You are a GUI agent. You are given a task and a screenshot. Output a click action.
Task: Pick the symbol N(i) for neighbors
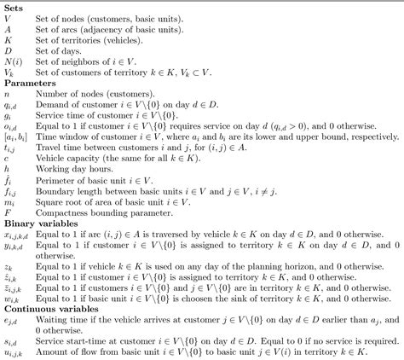tap(13, 61)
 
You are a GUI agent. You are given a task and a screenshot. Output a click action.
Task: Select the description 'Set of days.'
tap(57, 51)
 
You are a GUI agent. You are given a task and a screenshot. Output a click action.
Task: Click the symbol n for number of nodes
tap(7, 96)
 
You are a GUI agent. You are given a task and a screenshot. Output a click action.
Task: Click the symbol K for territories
tap(8, 41)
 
